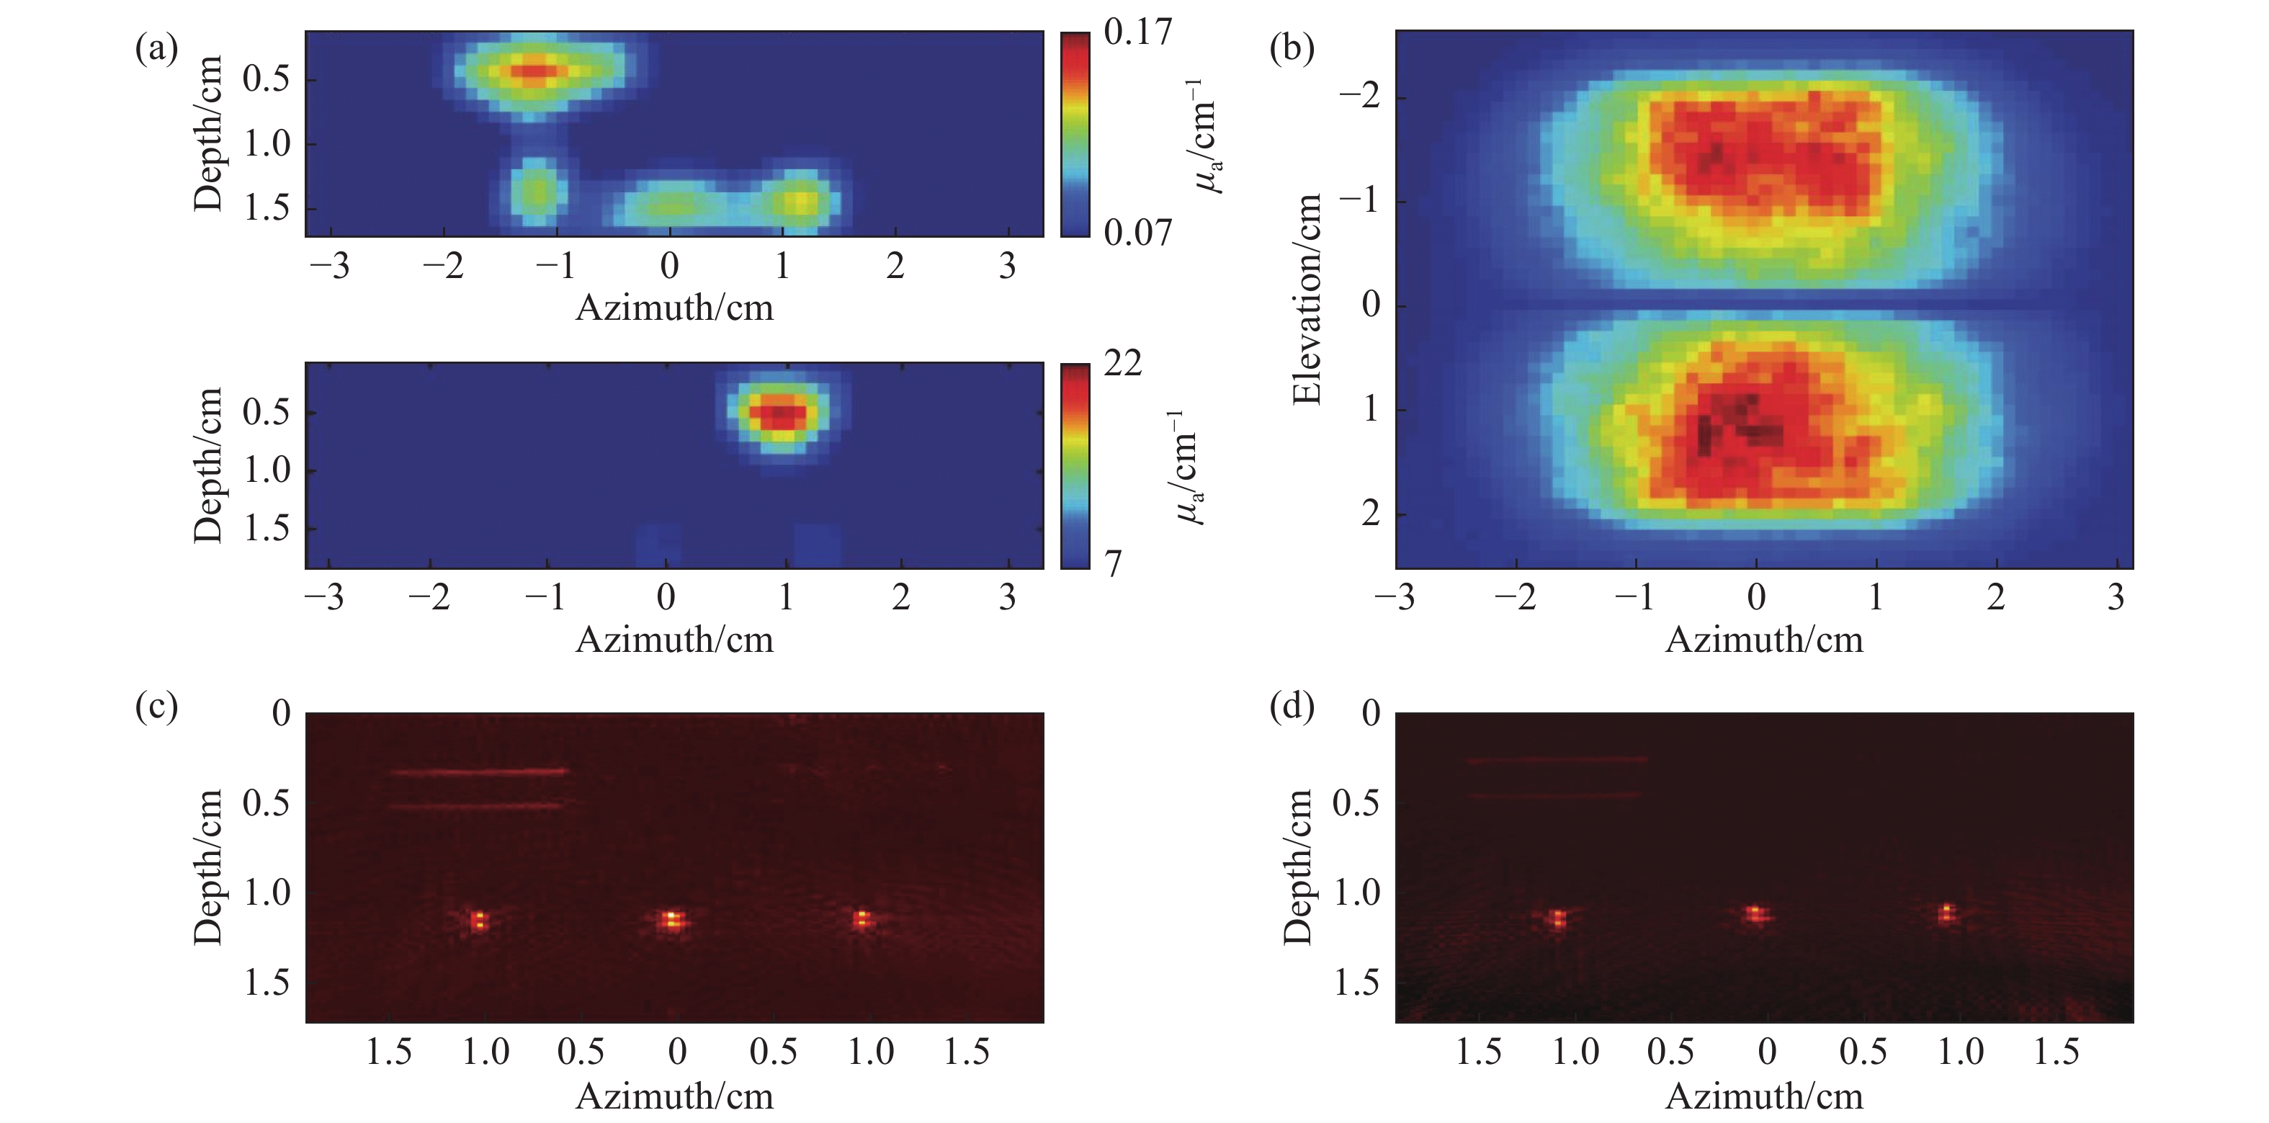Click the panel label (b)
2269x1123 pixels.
1292,48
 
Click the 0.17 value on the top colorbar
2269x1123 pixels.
1137,32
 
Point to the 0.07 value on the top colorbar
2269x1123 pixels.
1137,233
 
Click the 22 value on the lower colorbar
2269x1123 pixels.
1122,364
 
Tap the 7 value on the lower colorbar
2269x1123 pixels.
1114,564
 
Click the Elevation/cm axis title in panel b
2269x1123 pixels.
1307,300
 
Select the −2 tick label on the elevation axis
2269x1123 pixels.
1359,97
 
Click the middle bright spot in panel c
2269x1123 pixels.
672,921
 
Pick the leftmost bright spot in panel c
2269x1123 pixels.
478,921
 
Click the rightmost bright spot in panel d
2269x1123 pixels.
1946,914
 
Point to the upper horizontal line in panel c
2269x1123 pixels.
480,772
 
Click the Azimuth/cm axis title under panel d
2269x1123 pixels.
1763,1096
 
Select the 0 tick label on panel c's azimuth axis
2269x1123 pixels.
676,1052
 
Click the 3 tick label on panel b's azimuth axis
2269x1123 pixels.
2115,598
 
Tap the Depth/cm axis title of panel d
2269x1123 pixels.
1297,867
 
